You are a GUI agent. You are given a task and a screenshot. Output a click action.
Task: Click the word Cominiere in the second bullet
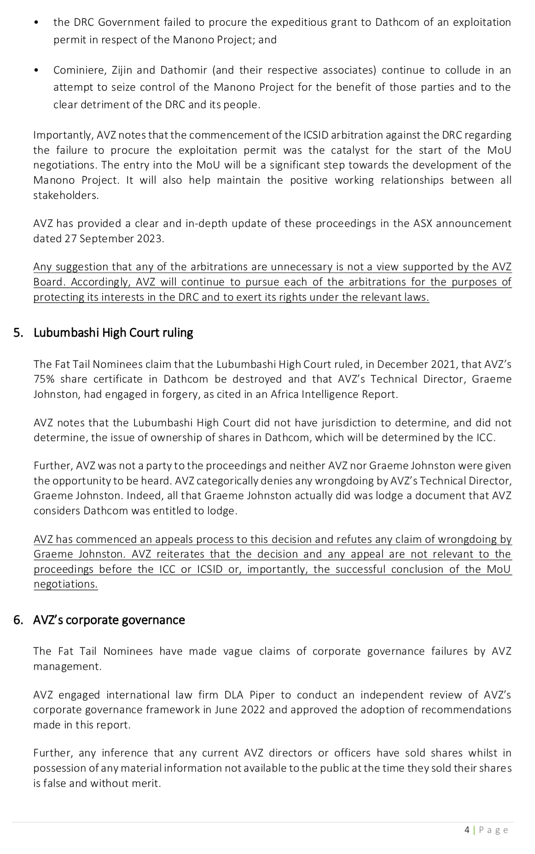coord(76,70)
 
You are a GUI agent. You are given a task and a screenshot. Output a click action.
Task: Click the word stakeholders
coord(66,195)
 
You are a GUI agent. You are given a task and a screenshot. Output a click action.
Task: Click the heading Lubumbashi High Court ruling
coord(113,333)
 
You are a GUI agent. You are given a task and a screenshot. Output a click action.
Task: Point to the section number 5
coord(17,333)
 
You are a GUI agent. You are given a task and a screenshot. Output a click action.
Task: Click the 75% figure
coord(44,379)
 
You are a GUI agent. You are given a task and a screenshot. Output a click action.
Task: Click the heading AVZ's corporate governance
coord(109,620)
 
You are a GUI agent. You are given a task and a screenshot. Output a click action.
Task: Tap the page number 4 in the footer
coord(467,830)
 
